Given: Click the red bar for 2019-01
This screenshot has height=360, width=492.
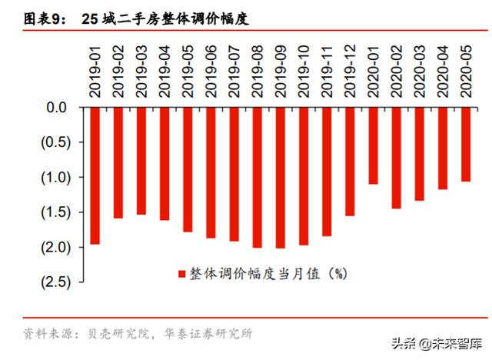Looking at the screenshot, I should coord(95,176).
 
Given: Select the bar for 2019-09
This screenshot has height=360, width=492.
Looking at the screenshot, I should coord(281,178).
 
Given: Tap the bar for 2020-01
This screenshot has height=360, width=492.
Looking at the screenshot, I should coord(374,146).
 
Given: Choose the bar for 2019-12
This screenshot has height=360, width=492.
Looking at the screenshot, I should coord(350,162).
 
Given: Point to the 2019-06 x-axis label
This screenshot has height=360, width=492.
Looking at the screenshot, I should coord(211,71).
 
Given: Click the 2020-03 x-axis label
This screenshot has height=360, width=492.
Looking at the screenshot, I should coord(420,71).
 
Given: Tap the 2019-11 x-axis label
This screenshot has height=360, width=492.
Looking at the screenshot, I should coord(327,71).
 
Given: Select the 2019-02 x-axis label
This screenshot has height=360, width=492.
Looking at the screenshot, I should coord(118,71).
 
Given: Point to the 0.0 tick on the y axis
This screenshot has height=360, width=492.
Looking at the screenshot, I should coord(58,108).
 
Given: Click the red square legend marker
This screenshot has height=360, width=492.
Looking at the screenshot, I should coord(182,273).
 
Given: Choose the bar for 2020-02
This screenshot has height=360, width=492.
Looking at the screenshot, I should coord(397,158).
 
